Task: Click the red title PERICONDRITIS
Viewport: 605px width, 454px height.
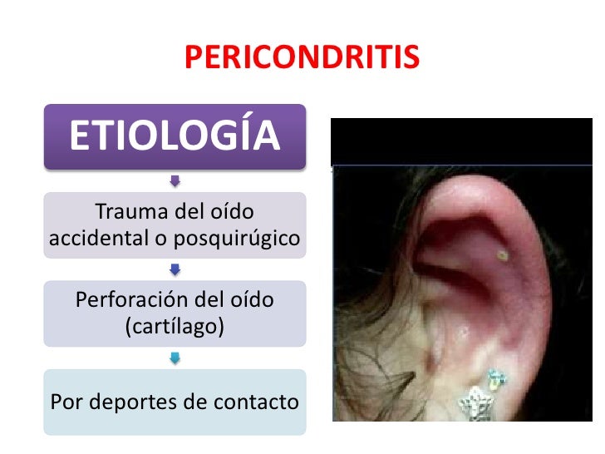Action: (302, 57)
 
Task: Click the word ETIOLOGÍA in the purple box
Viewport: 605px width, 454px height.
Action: (175, 137)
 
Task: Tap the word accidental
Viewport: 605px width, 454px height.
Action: (96, 239)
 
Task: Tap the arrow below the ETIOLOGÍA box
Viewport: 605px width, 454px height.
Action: (175, 180)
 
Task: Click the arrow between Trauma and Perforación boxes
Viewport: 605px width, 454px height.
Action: (175, 269)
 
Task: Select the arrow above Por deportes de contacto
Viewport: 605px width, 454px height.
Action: (175, 358)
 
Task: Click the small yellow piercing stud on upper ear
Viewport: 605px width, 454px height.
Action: (500, 254)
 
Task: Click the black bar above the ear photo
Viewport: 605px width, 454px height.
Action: (461, 141)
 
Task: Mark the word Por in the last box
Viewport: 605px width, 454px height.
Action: (66, 402)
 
